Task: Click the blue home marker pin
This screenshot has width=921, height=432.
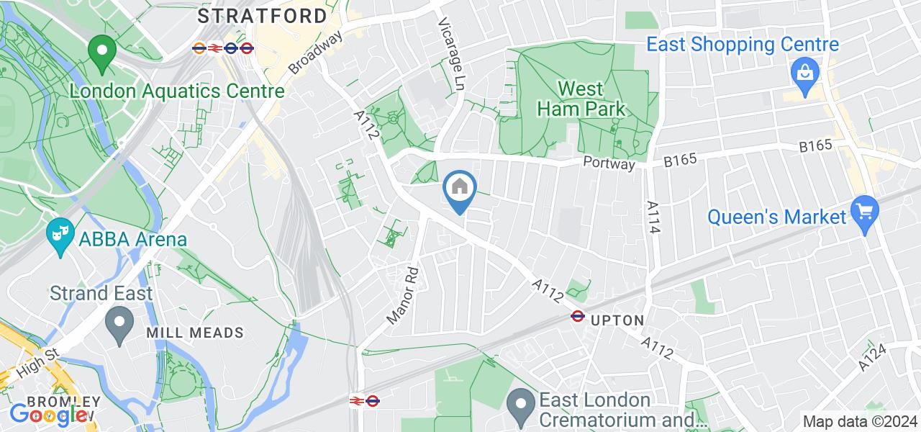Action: (460, 189)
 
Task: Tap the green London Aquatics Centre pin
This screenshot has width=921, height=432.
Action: (102, 53)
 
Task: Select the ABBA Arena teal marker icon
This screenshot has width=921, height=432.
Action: (59, 234)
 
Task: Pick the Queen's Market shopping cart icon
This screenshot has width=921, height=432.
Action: (863, 212)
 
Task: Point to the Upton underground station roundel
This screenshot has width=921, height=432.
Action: (577, 315)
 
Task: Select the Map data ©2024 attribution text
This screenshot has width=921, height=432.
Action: (859, 422)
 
